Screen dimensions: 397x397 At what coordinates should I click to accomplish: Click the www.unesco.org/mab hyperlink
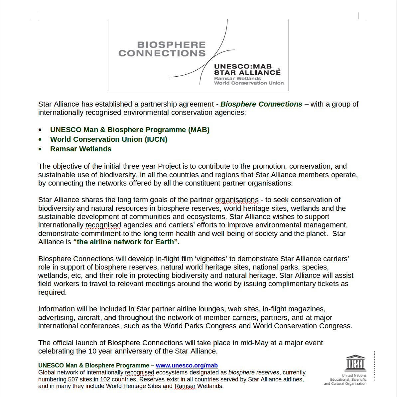tap(187, 365)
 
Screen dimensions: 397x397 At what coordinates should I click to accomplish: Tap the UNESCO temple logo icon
tap(355, 363)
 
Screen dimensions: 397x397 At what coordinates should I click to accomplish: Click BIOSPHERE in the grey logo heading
tap(171, 45)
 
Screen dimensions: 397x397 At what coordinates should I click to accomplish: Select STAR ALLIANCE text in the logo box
tap(247, 72)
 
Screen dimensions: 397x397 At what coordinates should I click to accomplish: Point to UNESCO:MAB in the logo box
tap(243, 66)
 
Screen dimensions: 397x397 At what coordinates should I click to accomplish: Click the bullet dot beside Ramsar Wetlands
tap(40, 149)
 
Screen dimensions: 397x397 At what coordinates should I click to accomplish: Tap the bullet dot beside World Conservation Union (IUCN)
tap(40, 140)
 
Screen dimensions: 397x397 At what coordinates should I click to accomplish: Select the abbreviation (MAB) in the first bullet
tap(199, 130)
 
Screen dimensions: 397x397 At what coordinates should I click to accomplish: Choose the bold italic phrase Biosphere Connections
tap(261, 104)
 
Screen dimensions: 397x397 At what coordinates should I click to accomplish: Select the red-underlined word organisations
tap(237, 200)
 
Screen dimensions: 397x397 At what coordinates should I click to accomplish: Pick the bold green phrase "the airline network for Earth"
tap(126, 242)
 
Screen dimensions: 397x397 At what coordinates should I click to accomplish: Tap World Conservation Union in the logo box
tap(249, 83)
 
